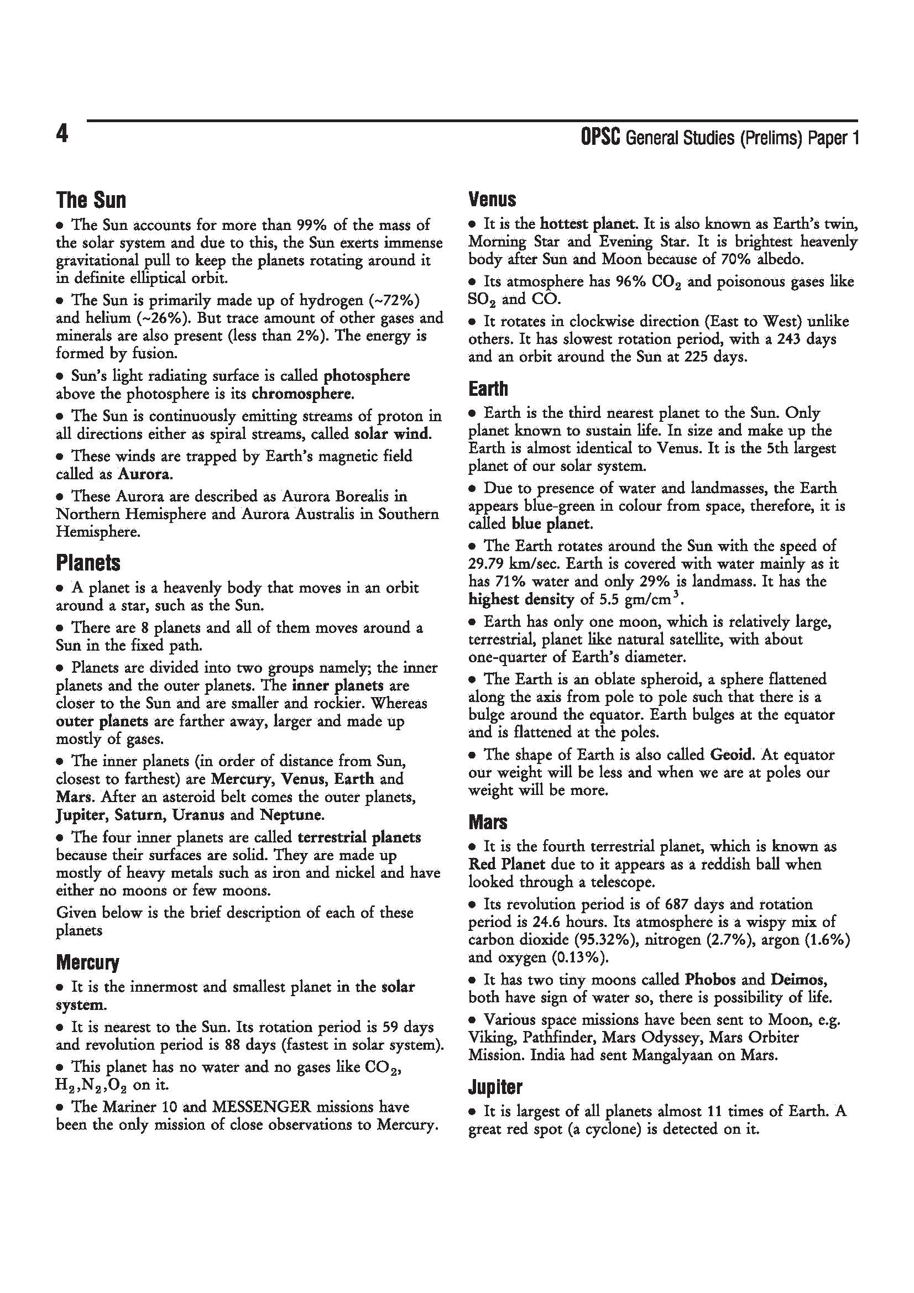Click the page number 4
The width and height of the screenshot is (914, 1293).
(62, 134)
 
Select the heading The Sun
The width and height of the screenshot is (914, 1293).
(91, 200)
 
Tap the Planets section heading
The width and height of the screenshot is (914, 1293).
(88, 562)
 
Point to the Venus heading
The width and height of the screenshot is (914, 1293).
(492, 199)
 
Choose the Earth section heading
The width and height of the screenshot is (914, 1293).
(488, 388)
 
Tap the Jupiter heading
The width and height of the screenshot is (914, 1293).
(495, 1087)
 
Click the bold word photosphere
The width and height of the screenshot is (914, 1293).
(367, 375)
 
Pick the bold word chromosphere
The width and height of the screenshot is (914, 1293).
(302, 394)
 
